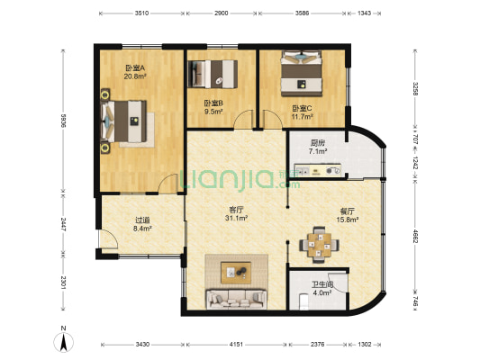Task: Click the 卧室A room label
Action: coord(135,67)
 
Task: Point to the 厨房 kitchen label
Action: coord(318,142)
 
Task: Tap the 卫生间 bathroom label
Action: coord(311,283)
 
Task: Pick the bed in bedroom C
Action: coord(301,74)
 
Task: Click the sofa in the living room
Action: coord(237,297)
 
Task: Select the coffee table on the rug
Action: coord(238,270)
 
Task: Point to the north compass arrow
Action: coord(65,340)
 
